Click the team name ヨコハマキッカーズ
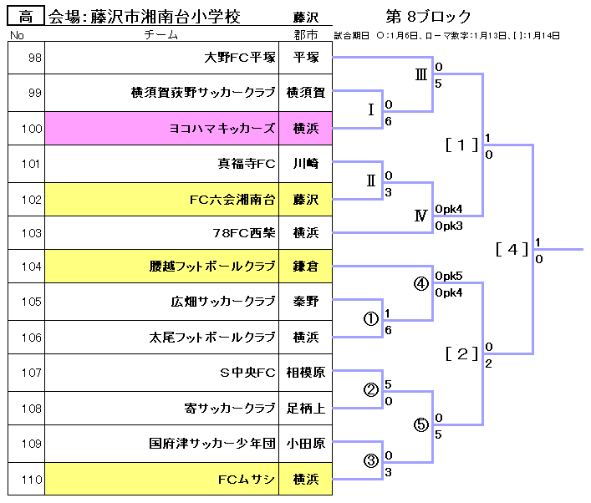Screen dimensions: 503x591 [x=222, y=129]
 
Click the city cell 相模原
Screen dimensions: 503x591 [x=305, y=373]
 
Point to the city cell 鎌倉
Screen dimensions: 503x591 [x=305, y=267]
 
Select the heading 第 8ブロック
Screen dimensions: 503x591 [x=428, y=17]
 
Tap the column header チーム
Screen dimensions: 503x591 [x=160, y=35]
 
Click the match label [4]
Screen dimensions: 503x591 [x=512, y=248]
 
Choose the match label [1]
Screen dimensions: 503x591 [x=461, y=145]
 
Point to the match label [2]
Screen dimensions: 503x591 [x=461, y=353]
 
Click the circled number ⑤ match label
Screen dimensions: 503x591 [x=421, y=424]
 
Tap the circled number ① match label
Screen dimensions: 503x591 [x=370, y=319]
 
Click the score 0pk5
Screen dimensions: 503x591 [x=449, y=276]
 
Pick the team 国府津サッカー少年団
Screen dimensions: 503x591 [x=212, y=445]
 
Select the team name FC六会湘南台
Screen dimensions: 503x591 [x=232, y=200]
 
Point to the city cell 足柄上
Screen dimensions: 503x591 [x=305, y=409]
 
